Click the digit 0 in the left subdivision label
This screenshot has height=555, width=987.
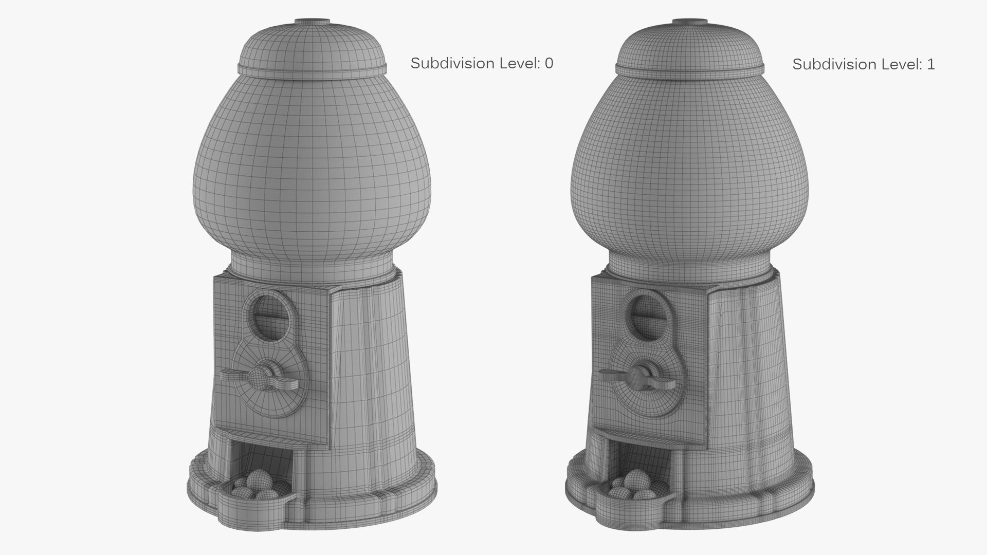[549, 63]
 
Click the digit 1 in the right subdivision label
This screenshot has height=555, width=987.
[930, 64]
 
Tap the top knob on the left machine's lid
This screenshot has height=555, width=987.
[312, 22]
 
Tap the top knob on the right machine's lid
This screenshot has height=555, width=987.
[689, 22]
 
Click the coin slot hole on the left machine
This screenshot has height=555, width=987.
[270, 317]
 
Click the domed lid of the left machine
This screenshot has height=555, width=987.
[312, 46]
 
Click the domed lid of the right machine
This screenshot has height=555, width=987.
[689, 46]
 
